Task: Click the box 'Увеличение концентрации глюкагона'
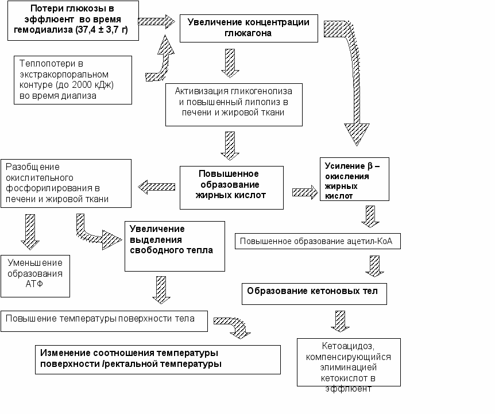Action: (x=249, y=28)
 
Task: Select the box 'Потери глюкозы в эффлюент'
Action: (x=73, y=21)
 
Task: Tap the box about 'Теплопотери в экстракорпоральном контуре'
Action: (x=72, y=80)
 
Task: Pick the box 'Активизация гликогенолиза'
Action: (x=234, y=105)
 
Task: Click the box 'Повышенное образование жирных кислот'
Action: (x=231, y=188)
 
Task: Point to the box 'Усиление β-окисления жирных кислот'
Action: (x=354, y=179)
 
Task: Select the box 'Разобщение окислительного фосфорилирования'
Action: (x=66, y=183)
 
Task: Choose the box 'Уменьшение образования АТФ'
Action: (x=35, y=276)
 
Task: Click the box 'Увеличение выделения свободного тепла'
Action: (x=175, y=246)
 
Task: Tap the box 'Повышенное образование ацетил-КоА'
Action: (x=318, y=241)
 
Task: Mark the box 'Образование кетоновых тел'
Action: (x=314, y=294)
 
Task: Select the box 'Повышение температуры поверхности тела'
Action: (x=104, y=321)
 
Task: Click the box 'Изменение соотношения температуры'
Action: (x=158, y=359)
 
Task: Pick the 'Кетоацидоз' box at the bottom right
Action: (x=349, y=362)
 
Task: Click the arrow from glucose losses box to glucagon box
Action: (x=157, y=21)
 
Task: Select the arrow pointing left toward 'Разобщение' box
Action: (x=157, y=187)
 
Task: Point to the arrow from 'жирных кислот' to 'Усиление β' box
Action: (x=305, y=192)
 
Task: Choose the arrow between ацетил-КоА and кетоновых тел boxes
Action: (x=375, y=266)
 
